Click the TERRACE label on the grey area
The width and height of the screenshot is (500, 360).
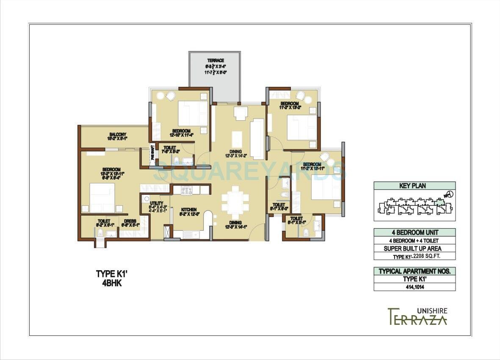click(215, 61)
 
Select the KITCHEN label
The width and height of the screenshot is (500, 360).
click(188, 210)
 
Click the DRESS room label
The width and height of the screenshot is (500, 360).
click(130, 221)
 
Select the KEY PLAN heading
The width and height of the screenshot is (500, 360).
click(414, 186)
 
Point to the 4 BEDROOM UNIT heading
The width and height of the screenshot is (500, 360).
click(414, 233)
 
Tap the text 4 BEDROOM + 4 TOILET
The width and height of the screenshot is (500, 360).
click(414, 241)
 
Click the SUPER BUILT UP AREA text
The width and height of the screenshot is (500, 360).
click(414, 249)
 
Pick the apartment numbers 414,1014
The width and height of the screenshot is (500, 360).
click(414, 287)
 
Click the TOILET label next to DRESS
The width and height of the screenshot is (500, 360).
click(104, 221)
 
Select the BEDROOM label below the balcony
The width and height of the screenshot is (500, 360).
click(111, 169)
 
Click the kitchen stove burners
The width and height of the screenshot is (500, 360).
click(187, 191)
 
